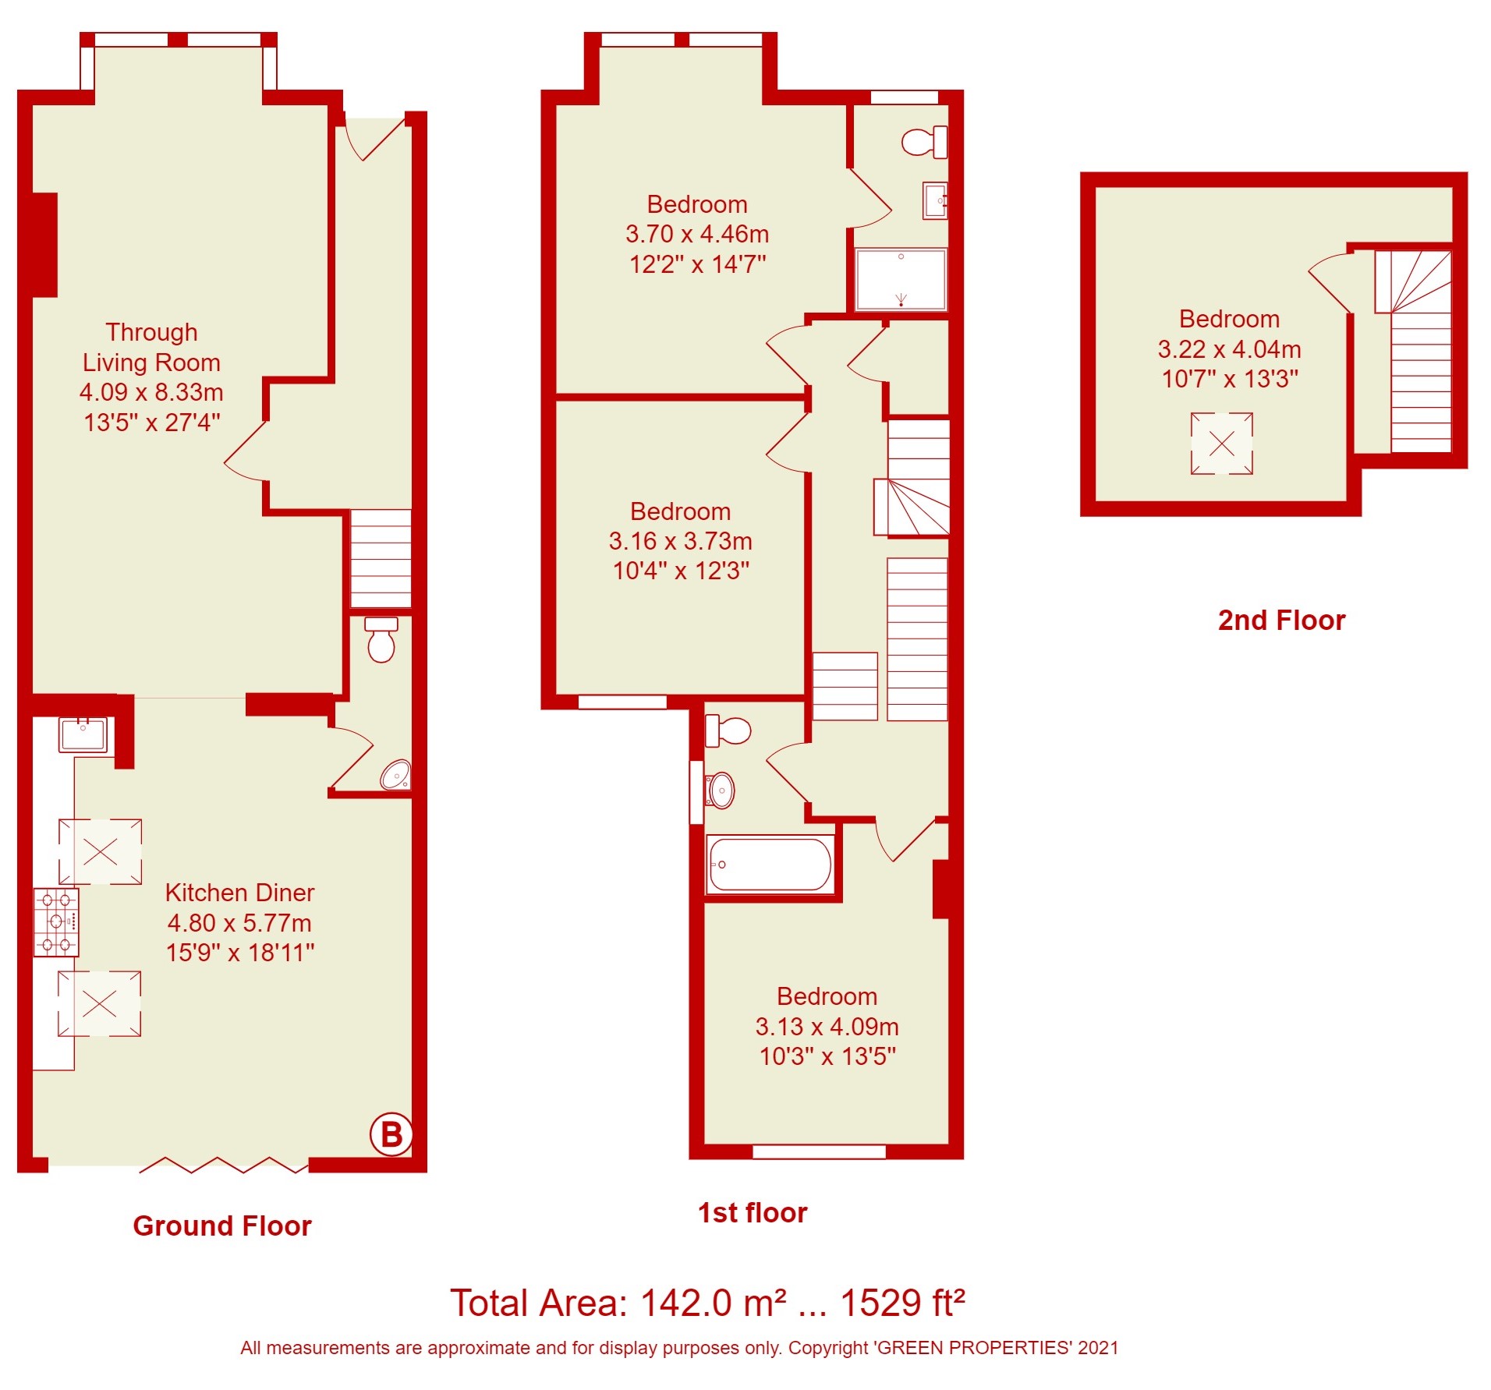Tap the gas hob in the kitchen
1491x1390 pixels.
click(56, 921)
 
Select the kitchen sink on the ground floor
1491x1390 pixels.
click(83, 734)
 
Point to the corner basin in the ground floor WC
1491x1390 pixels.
click(396, 775)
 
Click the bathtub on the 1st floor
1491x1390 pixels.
click(770, 864)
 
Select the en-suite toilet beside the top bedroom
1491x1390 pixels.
click(925, 142)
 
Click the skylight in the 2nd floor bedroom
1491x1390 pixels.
click(1221, 444)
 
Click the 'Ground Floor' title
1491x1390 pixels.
click(222, 1226)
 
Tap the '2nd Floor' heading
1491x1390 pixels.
click(1281, 620)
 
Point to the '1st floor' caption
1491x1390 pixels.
click(753, 1212)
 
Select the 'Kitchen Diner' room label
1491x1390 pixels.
click(239, 892)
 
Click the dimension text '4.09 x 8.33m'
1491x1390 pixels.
click(151, 391)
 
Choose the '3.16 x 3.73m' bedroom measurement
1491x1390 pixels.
click(680, 540)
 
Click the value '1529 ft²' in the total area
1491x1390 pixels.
click(902, 1303)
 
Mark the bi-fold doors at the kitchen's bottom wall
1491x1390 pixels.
click(224, 1165)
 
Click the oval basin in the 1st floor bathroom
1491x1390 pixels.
click(721, 790)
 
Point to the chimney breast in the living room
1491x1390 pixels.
click(44, 245)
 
